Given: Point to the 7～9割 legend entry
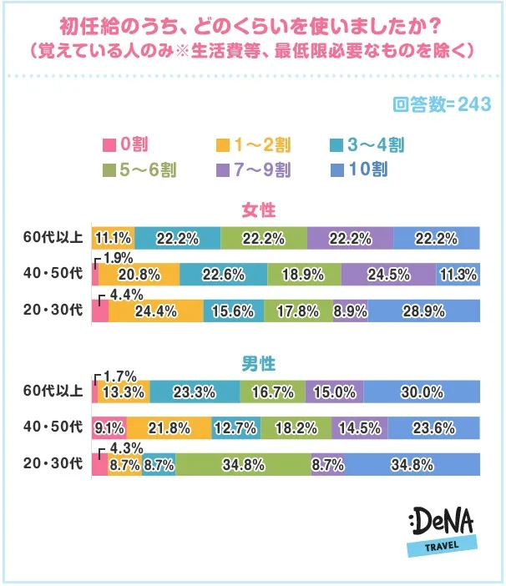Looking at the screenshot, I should click(x=250, y=169).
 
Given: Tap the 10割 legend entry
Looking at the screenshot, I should click(x=357, y=169).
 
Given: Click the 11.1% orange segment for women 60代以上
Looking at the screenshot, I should click(x=113, y=238).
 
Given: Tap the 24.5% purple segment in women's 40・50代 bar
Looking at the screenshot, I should click(x=388, y=274).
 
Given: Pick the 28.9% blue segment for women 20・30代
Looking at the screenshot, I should click(x=424, y=311).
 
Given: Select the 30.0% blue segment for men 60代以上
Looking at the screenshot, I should click(x=422, y=392).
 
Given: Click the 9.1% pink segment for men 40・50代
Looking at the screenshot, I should click(x=109, y=428).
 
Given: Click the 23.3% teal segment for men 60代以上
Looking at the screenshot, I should click(x=195, y=392).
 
